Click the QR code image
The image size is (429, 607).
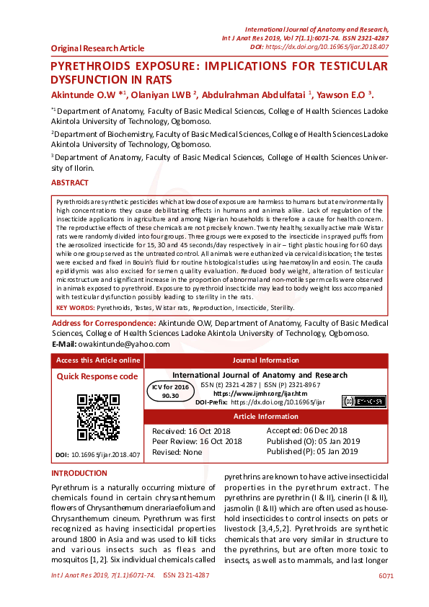[x=98, y=417]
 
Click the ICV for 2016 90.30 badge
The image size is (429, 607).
[x=170, y=391]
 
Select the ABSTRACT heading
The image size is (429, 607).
[x=70, y=183]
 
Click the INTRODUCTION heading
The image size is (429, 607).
[x=79, y=473]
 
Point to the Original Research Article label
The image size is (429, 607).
[x=97, y=48]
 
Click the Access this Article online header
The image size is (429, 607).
[x=98, y=360]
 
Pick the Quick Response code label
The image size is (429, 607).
[x=97, y=376]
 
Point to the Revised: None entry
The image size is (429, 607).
[x=177, y=451]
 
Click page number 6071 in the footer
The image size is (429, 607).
[x=386, y=575]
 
